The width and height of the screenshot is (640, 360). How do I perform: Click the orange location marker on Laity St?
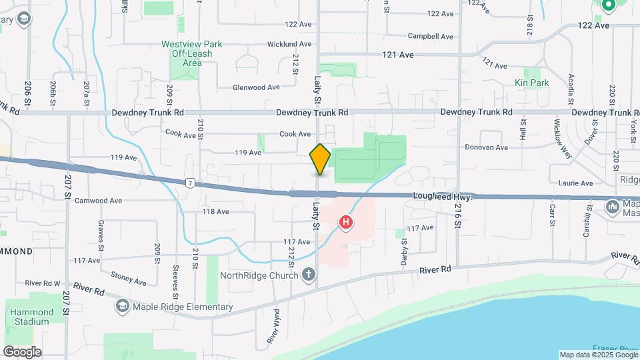320,159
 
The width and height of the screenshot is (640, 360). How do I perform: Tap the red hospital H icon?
346,223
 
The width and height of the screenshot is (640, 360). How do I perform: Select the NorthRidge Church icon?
308,274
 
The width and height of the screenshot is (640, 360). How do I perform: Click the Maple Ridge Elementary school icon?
122,307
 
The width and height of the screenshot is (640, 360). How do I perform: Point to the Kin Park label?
531,83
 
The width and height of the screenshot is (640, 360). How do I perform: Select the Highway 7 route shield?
191,183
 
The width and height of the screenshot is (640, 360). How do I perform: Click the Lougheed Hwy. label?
443,197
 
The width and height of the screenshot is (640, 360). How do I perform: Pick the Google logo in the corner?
22,351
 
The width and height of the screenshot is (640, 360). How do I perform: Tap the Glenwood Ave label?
256,87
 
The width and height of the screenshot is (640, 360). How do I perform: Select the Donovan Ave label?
486,147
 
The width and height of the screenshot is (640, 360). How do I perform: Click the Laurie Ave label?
577,183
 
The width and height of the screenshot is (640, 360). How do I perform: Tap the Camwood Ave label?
98,200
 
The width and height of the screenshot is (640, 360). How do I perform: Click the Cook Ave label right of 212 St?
295,134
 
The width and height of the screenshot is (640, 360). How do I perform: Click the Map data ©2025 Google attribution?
598,355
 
